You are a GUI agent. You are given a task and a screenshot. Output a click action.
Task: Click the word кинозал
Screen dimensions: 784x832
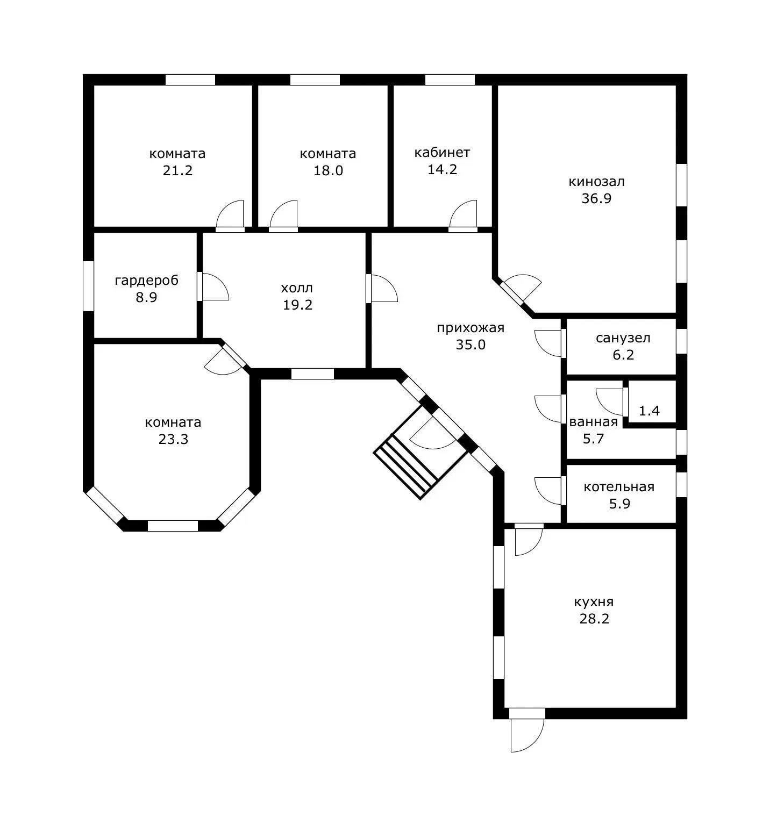coord(596,182)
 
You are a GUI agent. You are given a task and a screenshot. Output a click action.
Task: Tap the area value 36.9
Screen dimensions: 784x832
coord(596,198)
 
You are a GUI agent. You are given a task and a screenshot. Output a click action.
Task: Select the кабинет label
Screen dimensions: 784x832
coord(442,153)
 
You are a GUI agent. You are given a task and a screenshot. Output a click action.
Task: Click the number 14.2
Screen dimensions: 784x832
coord(442,169)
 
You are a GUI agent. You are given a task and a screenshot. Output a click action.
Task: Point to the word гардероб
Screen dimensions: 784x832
coord(146,281)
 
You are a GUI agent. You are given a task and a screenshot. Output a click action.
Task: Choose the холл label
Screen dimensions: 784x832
coord(297,288)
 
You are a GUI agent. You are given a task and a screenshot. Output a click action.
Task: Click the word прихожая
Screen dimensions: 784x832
coord(471,328)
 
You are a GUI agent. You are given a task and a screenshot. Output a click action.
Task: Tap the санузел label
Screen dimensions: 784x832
coord(623,338)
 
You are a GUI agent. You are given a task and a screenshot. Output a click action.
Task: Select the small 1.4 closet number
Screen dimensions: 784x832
coord(649,411)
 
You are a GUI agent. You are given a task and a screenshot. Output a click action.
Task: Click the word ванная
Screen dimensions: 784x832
coord(594,422)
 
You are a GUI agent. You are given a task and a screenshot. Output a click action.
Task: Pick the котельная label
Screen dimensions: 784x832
coord(619,487)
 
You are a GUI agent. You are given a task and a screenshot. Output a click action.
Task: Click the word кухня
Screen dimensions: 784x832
coord(594,602)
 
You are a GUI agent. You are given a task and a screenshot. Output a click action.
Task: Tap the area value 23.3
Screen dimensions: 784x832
coord(173,439)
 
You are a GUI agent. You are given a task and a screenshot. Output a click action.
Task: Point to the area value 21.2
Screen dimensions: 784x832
coord(177,170)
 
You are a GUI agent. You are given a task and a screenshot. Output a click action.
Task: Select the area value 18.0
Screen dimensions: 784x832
coord(328,170)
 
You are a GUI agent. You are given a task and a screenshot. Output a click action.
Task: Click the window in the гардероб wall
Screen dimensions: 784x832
coord(89,286)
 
